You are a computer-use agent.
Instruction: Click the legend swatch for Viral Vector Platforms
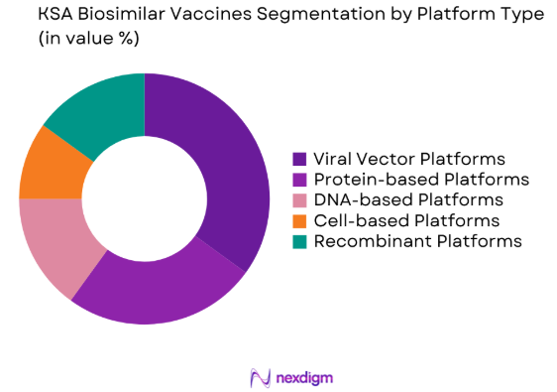coord(298,159)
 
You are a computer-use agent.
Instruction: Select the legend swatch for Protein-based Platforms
coord(298,180)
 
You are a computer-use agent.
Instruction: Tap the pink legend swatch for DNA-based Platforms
coord(298,200)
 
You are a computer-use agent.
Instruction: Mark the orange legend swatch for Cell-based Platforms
coord(298,220)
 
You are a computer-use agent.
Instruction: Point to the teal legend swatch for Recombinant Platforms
coord(298,241)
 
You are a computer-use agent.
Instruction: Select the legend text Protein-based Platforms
coord(420,180)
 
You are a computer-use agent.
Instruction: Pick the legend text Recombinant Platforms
coord(417,241)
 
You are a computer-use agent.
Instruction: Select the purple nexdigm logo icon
coord(260,376)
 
